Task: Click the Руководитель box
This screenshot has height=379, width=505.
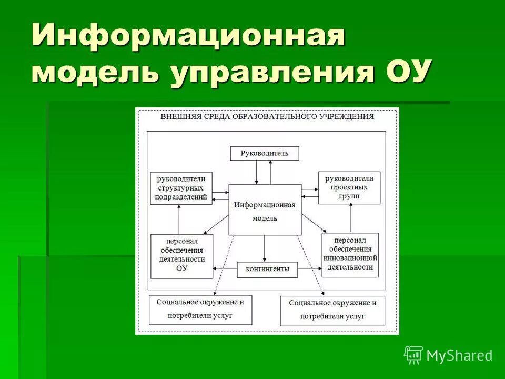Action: coord(265,154)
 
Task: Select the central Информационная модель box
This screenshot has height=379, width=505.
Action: coord(265,210)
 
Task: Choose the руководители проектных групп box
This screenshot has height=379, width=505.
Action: coord(349,188)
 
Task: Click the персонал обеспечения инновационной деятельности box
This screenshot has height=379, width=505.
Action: coord(350,255)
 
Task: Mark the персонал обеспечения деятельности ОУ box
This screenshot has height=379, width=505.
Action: coord(182,256)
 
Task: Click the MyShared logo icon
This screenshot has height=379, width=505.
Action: coord(413,355)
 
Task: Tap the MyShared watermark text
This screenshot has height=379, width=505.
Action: coord(459,356)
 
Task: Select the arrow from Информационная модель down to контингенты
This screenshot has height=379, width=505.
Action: coord(265,248)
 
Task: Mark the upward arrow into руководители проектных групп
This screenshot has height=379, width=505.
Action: coord(350,218)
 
